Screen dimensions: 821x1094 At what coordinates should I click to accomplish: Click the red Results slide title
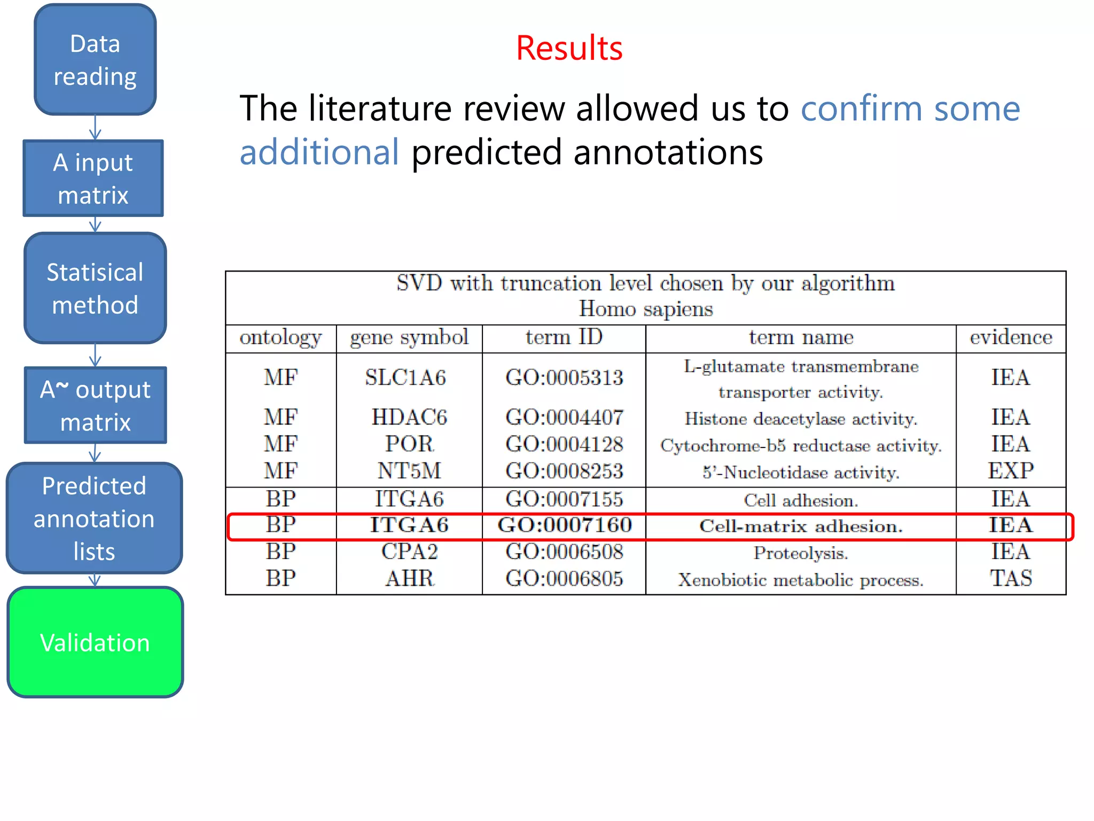click(569, 48)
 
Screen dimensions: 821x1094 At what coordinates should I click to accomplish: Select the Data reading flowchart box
click(95, 60)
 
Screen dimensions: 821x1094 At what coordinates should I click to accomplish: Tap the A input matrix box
click(93, 179)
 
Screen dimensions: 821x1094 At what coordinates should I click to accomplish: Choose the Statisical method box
click(95, 288)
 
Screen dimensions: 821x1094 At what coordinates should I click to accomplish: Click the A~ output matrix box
click(96, 405)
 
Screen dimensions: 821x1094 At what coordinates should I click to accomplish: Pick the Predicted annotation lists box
click(94, 518)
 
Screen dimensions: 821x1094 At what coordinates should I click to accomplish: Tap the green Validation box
click(95, 642)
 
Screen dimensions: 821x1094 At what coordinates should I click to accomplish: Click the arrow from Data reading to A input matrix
click(95, 128)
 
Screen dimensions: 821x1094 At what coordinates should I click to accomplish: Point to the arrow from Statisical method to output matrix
click(95, 355)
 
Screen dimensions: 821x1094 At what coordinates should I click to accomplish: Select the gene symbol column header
click(409, 338)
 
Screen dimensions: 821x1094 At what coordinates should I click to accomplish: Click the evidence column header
click(1011, 338)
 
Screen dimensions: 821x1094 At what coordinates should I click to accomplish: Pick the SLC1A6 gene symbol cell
click(405, 378)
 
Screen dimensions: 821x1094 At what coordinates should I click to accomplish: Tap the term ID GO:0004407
click(564, 417)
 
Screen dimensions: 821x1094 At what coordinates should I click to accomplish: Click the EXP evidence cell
click(1011, 471)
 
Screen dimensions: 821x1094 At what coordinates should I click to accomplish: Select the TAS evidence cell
click(1011, 579)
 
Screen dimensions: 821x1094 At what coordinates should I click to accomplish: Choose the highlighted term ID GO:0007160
click(565, 525)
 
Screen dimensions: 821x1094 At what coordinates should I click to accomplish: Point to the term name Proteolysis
click(800, 553)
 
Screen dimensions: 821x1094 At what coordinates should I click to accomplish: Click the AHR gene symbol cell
click(410, 579)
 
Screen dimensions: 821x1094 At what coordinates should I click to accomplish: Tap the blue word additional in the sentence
click(319, 152)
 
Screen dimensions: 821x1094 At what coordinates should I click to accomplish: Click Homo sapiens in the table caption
click(646, 309)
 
